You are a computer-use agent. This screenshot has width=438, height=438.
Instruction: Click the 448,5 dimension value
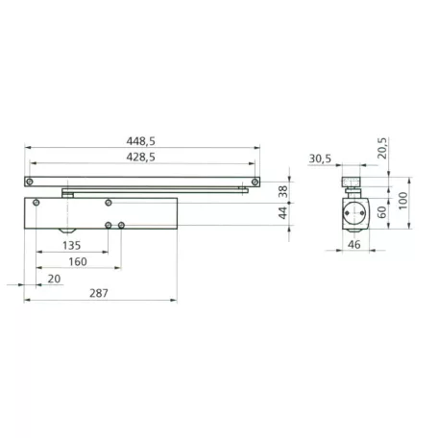pos(140,141)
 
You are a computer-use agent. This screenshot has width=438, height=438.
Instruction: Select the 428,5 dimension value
pos(140,158)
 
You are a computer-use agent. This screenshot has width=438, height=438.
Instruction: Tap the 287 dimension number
pos(99,293)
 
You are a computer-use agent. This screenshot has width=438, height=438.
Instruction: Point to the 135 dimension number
pos(71,246)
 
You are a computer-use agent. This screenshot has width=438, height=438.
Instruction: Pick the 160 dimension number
pos(78,262)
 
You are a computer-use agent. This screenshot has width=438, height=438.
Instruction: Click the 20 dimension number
pos(54,279)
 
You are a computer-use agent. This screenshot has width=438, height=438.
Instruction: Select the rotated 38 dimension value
pos(283,191)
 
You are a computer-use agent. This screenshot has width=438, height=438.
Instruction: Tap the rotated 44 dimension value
pos(283,213)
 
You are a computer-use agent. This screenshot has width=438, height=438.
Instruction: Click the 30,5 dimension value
pos(320,158)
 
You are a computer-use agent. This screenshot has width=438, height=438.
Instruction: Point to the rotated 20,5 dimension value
pos(382,148)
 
